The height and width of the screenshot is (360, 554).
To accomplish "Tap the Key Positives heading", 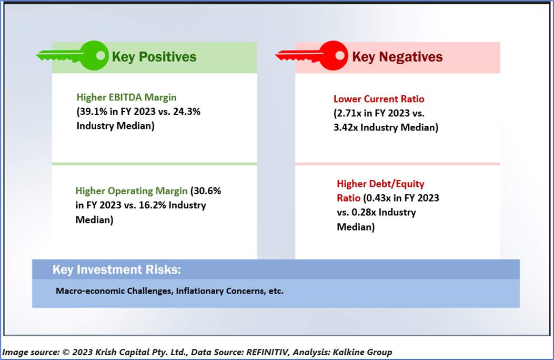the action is click(154, 57).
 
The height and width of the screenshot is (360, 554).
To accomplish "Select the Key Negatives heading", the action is click(397, 57).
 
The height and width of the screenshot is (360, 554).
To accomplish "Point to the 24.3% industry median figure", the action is click(187, 112).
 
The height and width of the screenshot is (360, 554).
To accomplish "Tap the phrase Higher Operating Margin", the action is click(132, 191).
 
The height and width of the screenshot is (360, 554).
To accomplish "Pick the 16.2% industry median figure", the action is click(152, 205).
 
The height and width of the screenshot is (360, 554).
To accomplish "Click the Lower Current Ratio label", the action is click(379, 99).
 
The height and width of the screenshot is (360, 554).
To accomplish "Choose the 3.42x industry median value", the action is click(346, 127).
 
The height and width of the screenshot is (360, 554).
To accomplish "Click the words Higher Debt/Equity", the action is click(380, 184).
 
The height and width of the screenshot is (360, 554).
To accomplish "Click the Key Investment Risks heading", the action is click(117, 269).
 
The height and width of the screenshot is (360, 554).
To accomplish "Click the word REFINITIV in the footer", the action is click(268, 352).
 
